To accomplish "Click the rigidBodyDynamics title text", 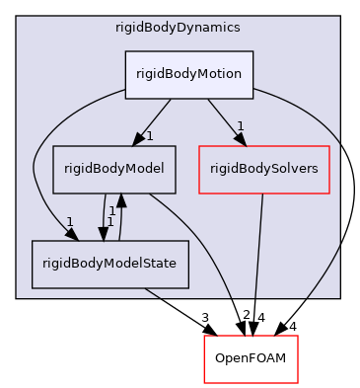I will pyautogui.click(x=178, y=27).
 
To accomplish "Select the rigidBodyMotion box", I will pyautogui.click(x=189, y=74).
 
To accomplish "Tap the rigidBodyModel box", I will pyautogui.click(x=114, y=169).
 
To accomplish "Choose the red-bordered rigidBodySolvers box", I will pyautogui.click(x=263, y=169).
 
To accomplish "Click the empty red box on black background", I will pyautogui.click(x=251, y=359).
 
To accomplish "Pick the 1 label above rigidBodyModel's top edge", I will pyautogui.click(x=149, y=135).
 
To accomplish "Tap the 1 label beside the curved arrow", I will pyautogui.click(x=69, y=220).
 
